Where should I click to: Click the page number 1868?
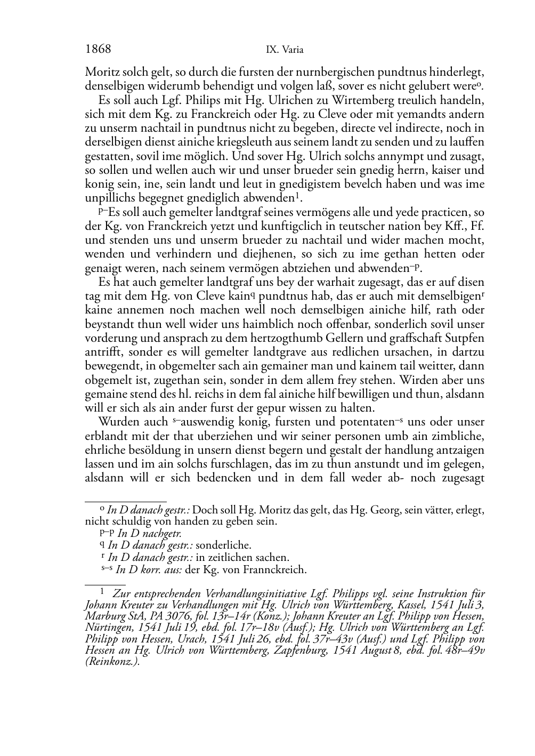pyautogui.click(x=98, y=50)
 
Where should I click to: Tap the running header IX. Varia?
pyautogui.click(x=285, y=50)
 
